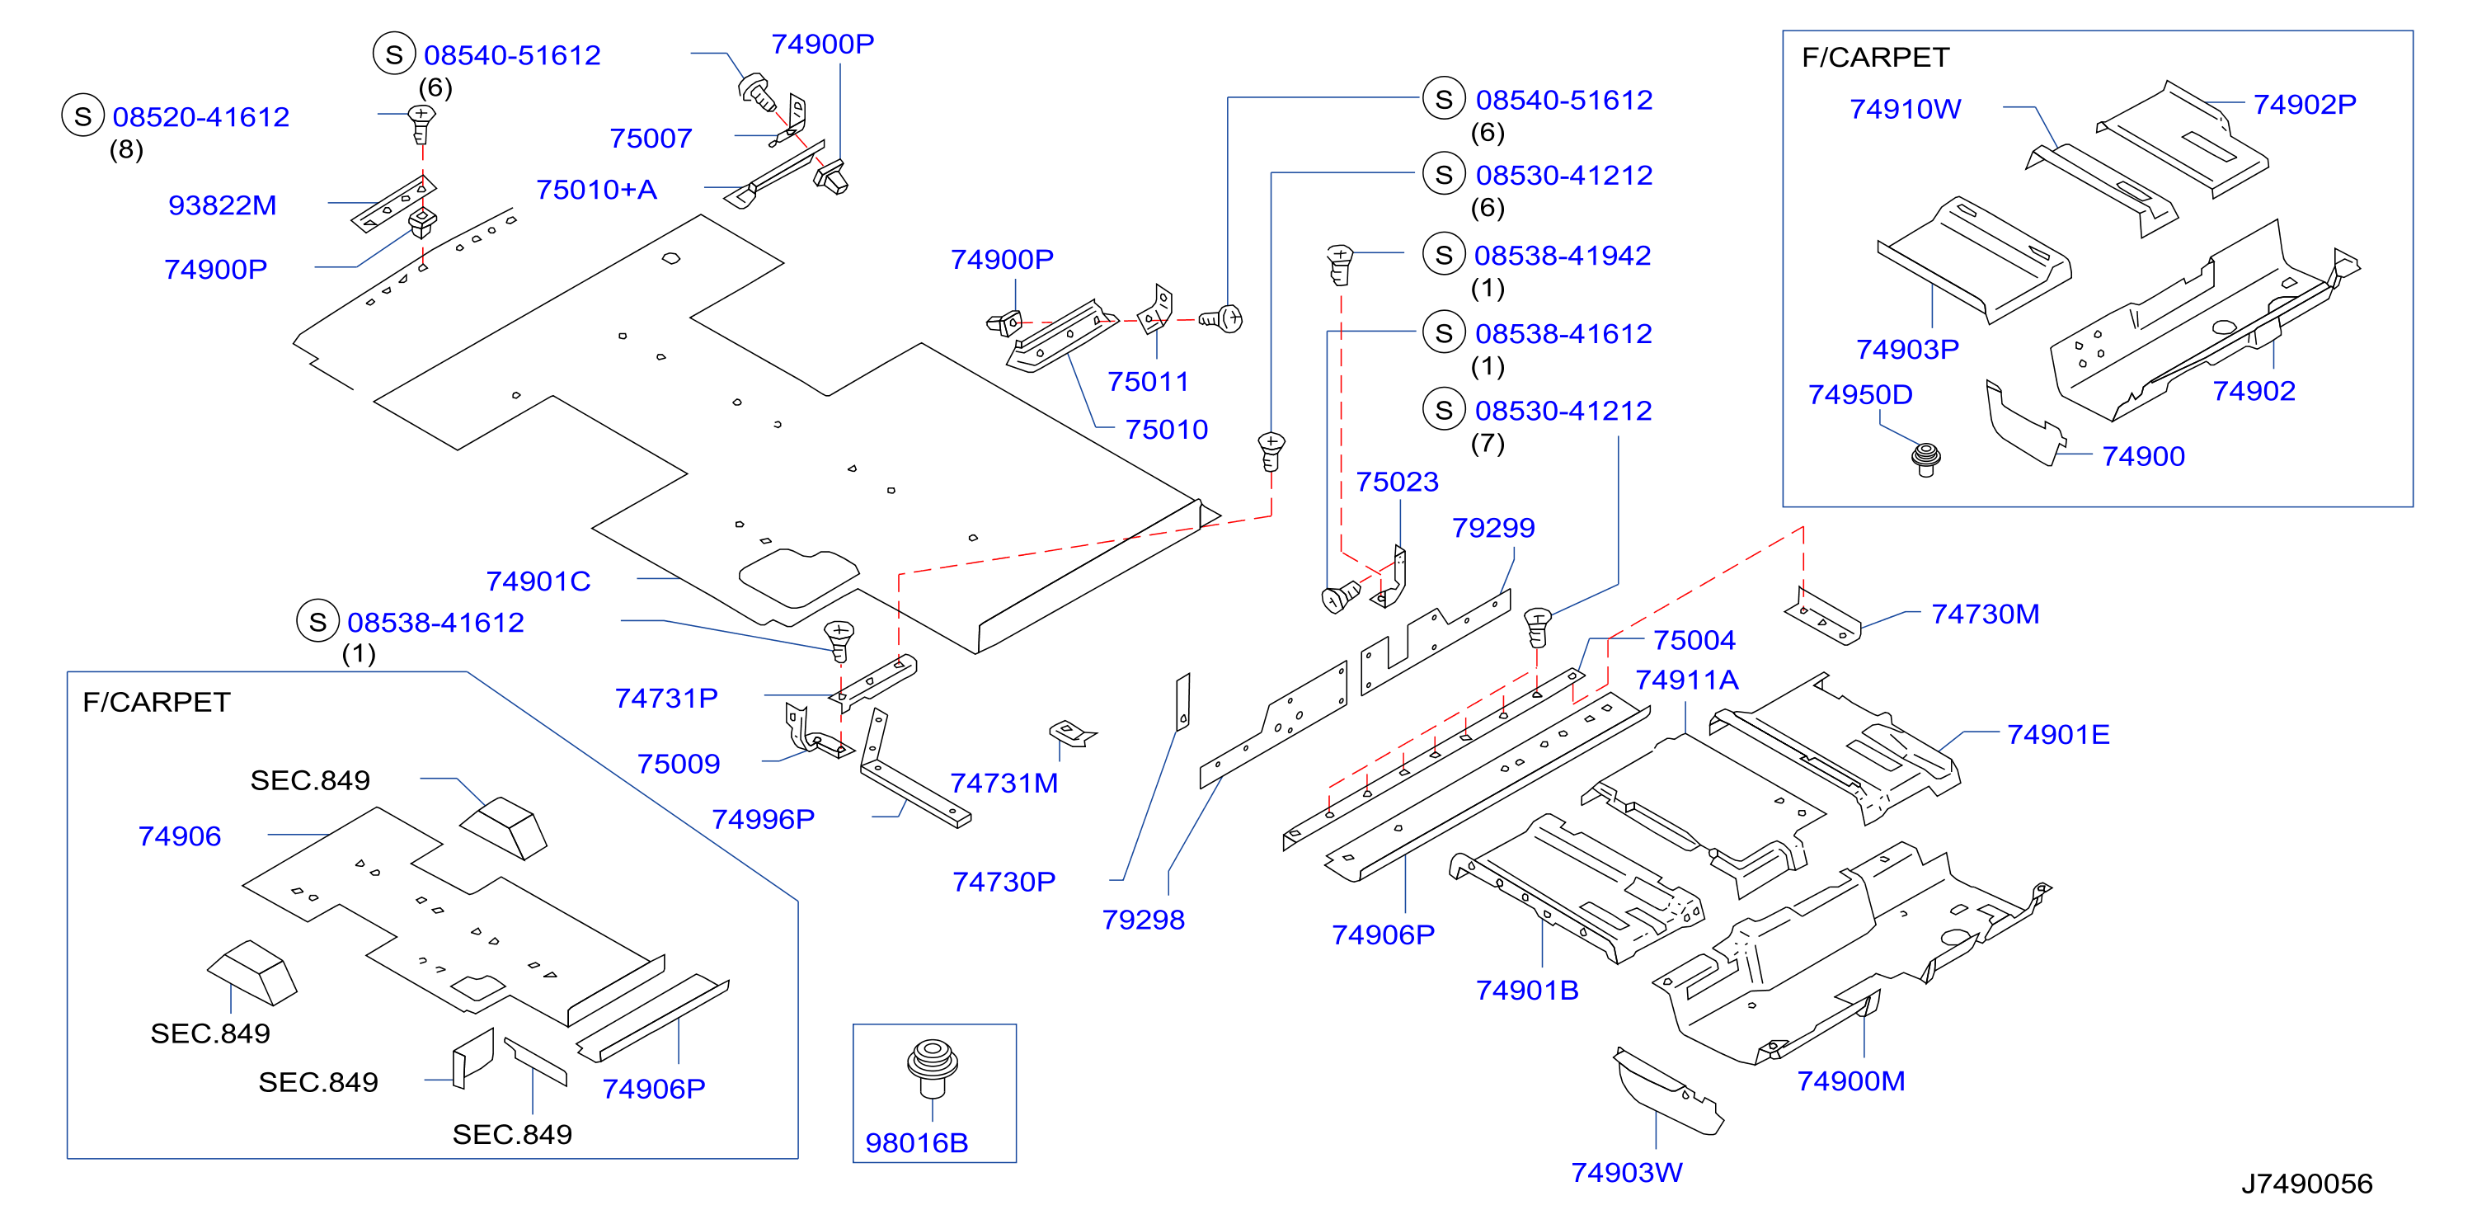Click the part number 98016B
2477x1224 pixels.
(916, 1142)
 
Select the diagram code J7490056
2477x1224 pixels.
(2307, 1184)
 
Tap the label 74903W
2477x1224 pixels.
(1627, 1172)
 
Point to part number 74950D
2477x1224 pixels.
(1860, 394)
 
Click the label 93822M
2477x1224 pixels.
(222, 205)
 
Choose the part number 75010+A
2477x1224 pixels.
(596, 190)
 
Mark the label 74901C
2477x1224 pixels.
(538, 581)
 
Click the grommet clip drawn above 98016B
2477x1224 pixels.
(932, 1066)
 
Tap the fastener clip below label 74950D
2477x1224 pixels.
(1926, 459)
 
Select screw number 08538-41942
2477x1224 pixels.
(1563, 255)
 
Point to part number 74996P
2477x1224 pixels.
(763, 818)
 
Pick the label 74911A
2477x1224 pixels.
(1688, 680)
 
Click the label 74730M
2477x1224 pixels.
(1986, 614)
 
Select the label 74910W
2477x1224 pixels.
(1906, 109)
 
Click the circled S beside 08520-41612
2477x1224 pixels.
(82, 115)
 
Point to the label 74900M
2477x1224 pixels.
(1851, 1080)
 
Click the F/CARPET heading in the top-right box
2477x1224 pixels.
(1875, 57)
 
